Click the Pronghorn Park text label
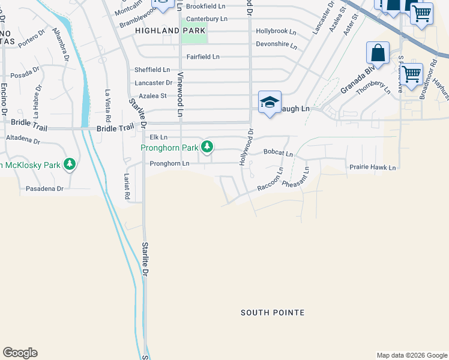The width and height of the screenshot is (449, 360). click(x=170, y=148)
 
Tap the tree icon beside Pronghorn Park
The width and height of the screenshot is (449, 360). click(x=207, y=146)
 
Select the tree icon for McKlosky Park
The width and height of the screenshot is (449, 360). click(x=70, y=164)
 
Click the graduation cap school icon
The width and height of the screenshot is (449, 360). click(x=270, y=102)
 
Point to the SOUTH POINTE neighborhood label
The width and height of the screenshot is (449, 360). click(x=273, y=313)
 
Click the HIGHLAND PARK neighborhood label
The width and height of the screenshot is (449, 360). click(x=170, y=31)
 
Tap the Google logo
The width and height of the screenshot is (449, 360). click(x=20, y=353)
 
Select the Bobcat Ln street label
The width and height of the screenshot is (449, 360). click(x=278, y=154)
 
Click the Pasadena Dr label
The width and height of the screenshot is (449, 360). click(x=44, y=188)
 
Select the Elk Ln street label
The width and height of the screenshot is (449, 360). click(x=158, y=137)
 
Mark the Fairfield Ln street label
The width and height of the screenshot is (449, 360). click(x=203, y=56)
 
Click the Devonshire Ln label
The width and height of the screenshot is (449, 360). click(x=277, y=44)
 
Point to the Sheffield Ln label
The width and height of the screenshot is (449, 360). click(x=152, y=70)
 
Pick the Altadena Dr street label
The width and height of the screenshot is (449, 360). click(x=23, y=139)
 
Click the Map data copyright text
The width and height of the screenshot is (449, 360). click(x=411, y=355)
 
